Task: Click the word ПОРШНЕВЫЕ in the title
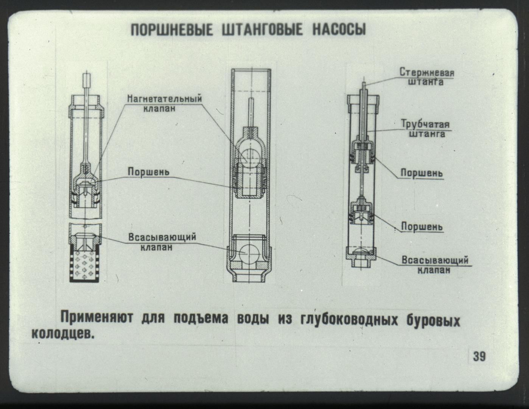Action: click(172, 30)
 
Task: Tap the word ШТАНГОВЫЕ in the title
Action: click(263, 30)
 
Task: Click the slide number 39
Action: click(479, 356)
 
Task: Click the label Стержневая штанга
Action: click(427, 77)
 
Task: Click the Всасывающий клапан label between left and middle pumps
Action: click(162, 242)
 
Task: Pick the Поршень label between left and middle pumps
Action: click(148, 172)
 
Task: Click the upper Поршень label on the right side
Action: click(422, 173)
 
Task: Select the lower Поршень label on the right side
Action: click(422, 226)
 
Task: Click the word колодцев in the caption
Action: click(63, 334)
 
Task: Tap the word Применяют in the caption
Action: click(97, 317)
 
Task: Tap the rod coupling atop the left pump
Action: click(86, 80)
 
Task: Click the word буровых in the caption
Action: click(434, 320)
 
